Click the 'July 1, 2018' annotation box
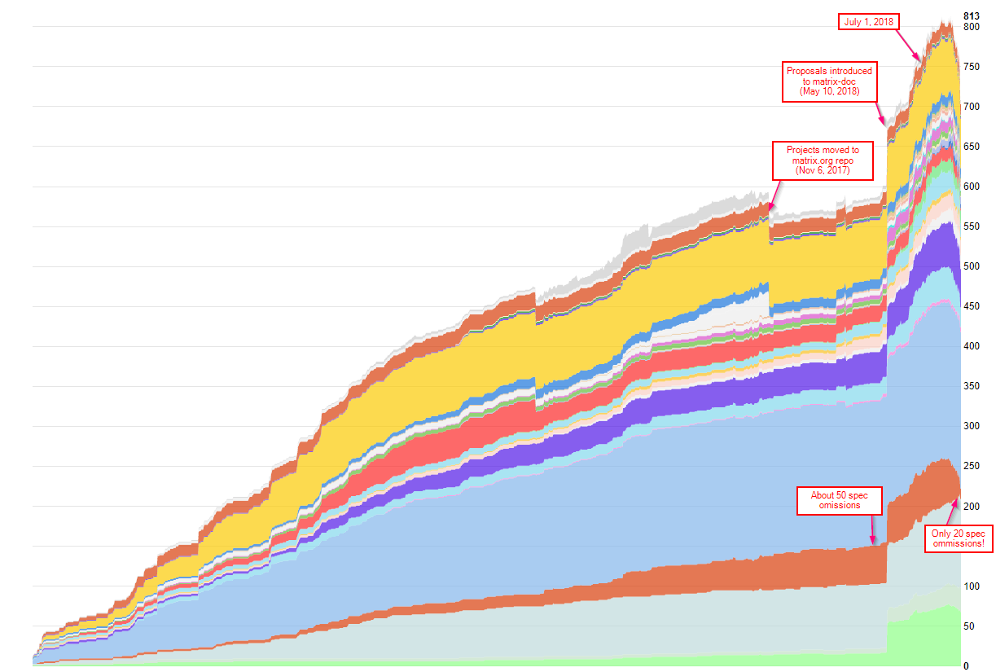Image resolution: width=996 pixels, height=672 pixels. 869,22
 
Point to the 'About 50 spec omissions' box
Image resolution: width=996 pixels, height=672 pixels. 840,500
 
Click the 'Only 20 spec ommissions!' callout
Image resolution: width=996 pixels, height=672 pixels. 958,538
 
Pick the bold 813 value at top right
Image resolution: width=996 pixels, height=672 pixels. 971,15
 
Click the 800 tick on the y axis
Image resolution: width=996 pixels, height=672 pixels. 971,27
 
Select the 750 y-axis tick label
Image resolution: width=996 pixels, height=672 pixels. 971,67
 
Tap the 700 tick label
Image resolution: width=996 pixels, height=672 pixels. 971,107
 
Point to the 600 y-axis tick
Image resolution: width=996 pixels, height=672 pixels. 971,187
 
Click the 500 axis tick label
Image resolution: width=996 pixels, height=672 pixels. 971,266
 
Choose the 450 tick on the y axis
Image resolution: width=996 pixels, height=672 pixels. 971,306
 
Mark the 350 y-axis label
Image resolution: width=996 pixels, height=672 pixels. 971,386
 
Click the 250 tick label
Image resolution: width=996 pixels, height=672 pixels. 971,466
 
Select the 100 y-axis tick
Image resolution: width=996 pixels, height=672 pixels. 971,586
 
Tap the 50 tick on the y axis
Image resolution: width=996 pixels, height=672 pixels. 968,626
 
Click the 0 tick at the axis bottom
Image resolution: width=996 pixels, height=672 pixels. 966,665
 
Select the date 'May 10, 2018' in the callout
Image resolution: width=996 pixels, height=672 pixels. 828,91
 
